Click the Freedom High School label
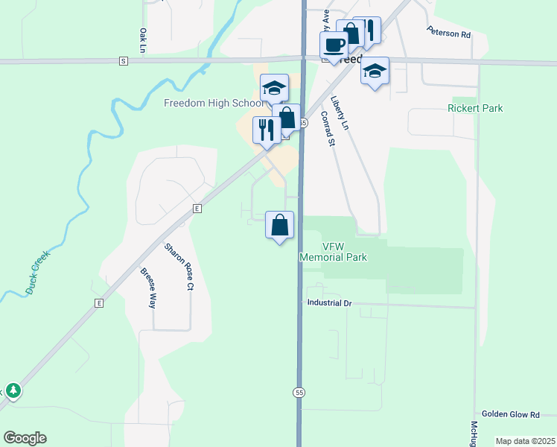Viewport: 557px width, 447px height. tap(213, 103)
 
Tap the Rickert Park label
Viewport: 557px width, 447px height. tap(475, 108)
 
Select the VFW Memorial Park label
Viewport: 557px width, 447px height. tap(334, 252)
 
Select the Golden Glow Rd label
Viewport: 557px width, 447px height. tap(518, 413)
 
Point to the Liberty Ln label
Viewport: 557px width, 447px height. tap(340, 112)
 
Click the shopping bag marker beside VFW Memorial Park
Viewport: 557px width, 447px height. tap(279, 225)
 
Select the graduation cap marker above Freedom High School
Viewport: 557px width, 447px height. tap(274, 88)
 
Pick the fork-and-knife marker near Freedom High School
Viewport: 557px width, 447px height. tap(266, 130)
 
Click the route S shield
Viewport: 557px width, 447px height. tap(123, 60)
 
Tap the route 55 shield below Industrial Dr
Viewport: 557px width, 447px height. tap(299, 392)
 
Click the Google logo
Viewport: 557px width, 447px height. tap(25, 438)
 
